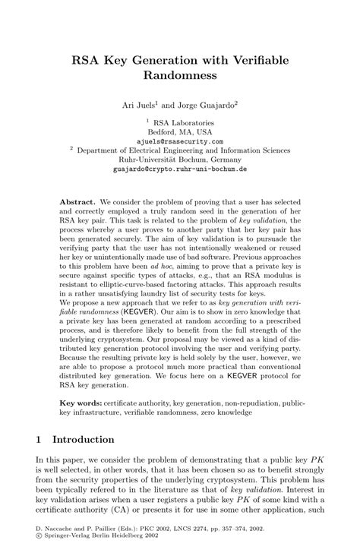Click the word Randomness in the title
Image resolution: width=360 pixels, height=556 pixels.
[x=179, y=76]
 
